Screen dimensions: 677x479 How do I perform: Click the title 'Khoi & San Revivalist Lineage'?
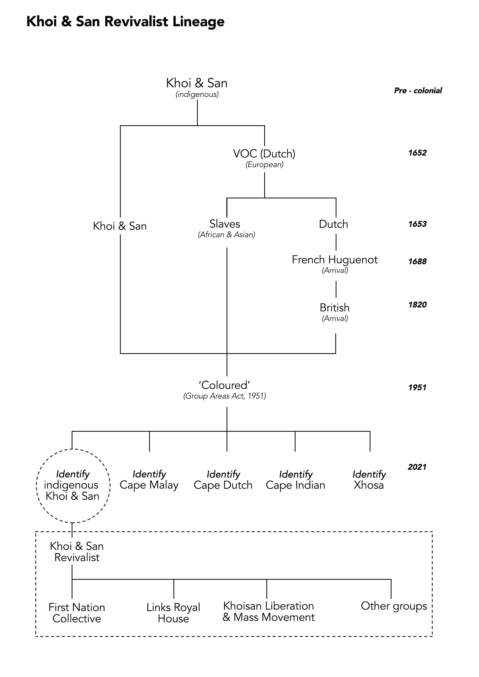click(125, 22)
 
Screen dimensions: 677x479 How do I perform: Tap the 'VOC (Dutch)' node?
click(264, 154)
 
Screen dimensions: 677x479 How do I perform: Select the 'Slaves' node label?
click(225, 224)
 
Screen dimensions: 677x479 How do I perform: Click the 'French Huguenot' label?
click(335, 260)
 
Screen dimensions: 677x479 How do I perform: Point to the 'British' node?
click(335, 308)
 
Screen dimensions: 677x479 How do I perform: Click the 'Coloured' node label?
click(225, 385)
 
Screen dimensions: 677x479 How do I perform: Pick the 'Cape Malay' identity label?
click(149, 485)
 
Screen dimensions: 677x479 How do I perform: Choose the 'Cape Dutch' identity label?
click(223, 485)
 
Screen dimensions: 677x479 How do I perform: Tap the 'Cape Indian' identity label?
click(296, 485)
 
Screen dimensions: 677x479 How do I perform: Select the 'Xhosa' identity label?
click(369, 485)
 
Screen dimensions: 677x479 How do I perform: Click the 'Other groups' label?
click(394, 606)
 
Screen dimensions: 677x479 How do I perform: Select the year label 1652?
click(417, 153)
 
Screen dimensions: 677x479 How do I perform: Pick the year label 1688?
click(417, 261)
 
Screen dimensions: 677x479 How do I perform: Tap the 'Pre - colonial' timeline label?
click(418, 91)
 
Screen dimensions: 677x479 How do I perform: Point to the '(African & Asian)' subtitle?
click(226, 234)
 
